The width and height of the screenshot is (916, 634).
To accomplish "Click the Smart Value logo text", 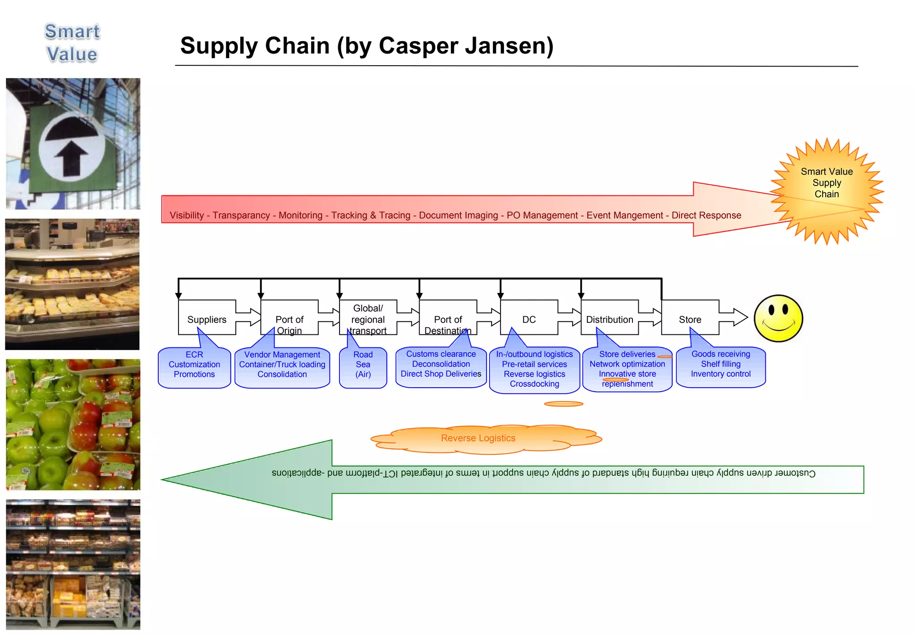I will [72, 43].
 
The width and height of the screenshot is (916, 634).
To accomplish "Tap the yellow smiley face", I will [778, 318].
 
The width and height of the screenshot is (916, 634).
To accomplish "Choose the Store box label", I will [690, 319].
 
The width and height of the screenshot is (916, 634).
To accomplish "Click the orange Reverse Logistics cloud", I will [478, 438].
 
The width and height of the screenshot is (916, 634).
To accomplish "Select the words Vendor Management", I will [282, 355].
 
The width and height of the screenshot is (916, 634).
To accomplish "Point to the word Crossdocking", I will [534, 384].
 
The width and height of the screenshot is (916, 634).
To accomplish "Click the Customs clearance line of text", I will [441, 354].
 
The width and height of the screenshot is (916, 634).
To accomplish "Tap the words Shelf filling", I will [721, 364].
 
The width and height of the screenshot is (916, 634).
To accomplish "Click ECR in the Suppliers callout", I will [194, 355].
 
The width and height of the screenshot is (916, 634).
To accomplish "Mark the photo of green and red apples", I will [73, 424].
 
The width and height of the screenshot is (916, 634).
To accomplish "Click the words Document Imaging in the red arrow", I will [458, 216].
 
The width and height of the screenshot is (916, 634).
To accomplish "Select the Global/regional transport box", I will [368, 319].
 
